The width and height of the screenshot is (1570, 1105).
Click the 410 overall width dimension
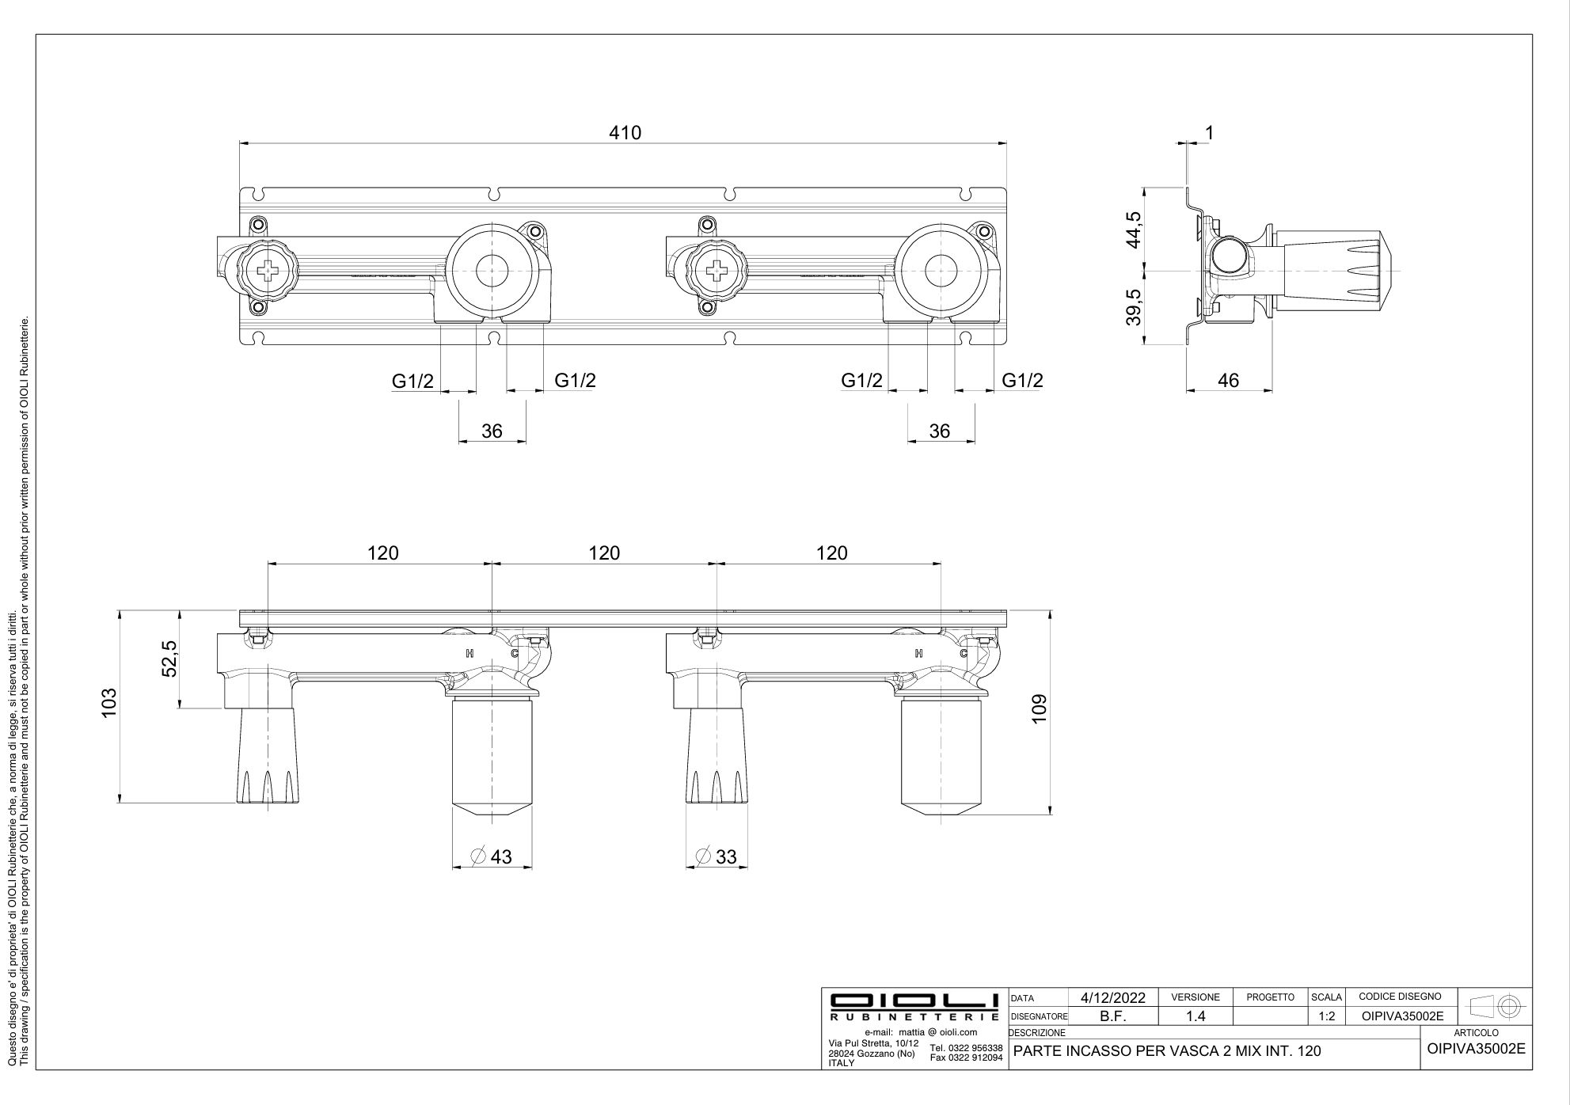click(625, 133)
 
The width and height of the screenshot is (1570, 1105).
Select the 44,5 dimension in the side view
click(1135, 230)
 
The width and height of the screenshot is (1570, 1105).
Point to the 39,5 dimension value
click(1135, 307)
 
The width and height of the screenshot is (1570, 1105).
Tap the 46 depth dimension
click(1228, 381)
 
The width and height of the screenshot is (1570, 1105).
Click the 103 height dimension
click(109, 703)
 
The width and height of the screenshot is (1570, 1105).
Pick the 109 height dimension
click(1040, 708)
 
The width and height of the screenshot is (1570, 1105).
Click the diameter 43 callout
click(492, 856)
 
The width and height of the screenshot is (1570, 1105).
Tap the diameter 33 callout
click(717, 856)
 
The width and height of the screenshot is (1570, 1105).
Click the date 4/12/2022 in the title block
click(1113, 997)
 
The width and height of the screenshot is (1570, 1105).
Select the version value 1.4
click(1196, 1016)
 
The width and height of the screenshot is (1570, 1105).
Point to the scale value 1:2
click(1327, 1016)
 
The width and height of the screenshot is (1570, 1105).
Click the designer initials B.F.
click(1113, 1016)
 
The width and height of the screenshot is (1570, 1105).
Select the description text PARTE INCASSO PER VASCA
click(1167, 1051)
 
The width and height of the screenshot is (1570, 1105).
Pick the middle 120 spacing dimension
click(604, 553)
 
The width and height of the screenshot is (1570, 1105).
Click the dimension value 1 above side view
click(1209, 133)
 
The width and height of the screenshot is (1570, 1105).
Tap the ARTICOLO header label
click(1476, 1033)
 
